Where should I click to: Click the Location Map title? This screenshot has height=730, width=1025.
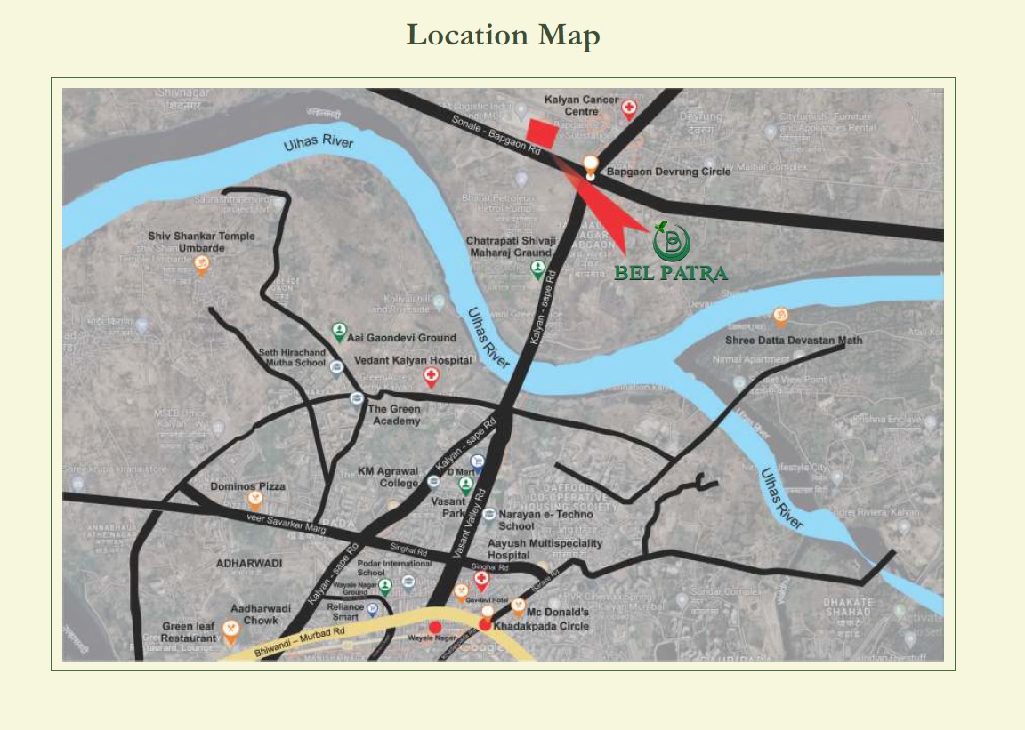(x=503, y=36)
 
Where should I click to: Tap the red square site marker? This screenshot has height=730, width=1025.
(x=542, y=134)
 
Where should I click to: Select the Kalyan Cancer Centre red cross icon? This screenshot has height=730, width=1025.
(x=629, y=108)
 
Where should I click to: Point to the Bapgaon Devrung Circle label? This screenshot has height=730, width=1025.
(x=668, y=172)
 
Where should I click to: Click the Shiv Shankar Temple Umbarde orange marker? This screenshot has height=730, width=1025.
(x=202, y=265)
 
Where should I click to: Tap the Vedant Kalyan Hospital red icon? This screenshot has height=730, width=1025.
(x=431, y=377)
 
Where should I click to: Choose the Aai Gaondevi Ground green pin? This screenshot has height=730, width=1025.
(x=339, y=332)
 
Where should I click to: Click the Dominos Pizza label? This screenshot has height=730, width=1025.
(x=247, y=486)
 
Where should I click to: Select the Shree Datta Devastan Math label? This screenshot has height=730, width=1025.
(x=794, y=340)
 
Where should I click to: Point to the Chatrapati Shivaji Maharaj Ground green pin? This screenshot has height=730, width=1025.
(x=538, y=269)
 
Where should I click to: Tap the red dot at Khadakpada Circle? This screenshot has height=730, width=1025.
(x=484, y=625)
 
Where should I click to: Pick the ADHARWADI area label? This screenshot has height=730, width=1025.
(x=249, y=564)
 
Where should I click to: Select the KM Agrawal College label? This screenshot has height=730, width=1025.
(x=388, y=477)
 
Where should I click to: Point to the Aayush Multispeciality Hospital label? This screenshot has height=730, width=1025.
(x=545, y=549)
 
